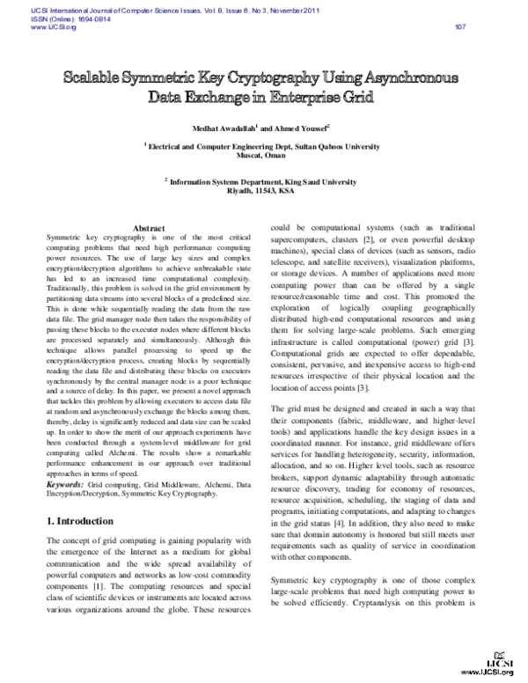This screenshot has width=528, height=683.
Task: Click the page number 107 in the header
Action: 459,26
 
